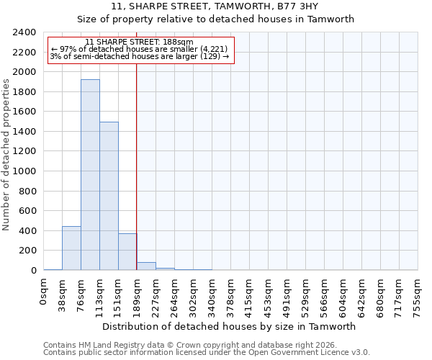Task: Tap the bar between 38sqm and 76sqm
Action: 71,248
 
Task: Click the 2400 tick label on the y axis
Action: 24,32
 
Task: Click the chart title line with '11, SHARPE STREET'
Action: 215,6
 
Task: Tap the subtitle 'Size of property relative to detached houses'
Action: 215,19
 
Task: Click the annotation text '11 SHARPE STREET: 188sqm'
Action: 139,42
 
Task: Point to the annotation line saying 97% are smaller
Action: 140,49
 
